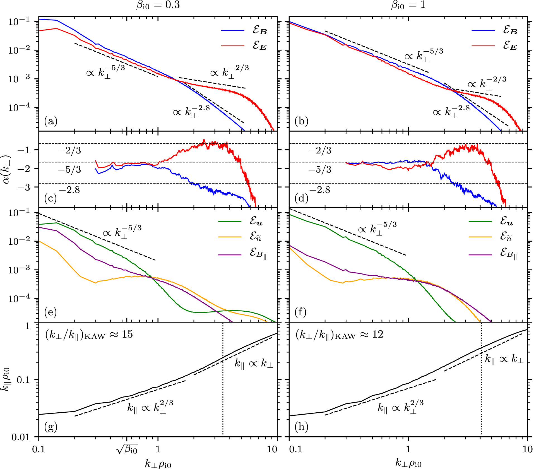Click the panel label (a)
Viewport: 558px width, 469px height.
pos(50,121)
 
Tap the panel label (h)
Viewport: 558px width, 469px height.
pos(301,427)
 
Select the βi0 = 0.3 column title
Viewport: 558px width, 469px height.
pos(158,5)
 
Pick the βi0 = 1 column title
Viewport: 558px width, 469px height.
pos(408,5)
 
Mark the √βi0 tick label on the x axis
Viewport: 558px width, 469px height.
pos(127,449)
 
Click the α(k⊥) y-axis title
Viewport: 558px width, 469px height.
pos(6,169)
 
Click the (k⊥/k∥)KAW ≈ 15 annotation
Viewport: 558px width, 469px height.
pos(89,335)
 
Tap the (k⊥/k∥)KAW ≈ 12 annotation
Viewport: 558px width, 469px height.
pos(339,335)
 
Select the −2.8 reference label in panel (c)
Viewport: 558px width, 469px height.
pos(69,190)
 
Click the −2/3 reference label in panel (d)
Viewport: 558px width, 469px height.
pos(320,151)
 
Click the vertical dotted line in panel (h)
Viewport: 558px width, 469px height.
pos(481,391)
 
